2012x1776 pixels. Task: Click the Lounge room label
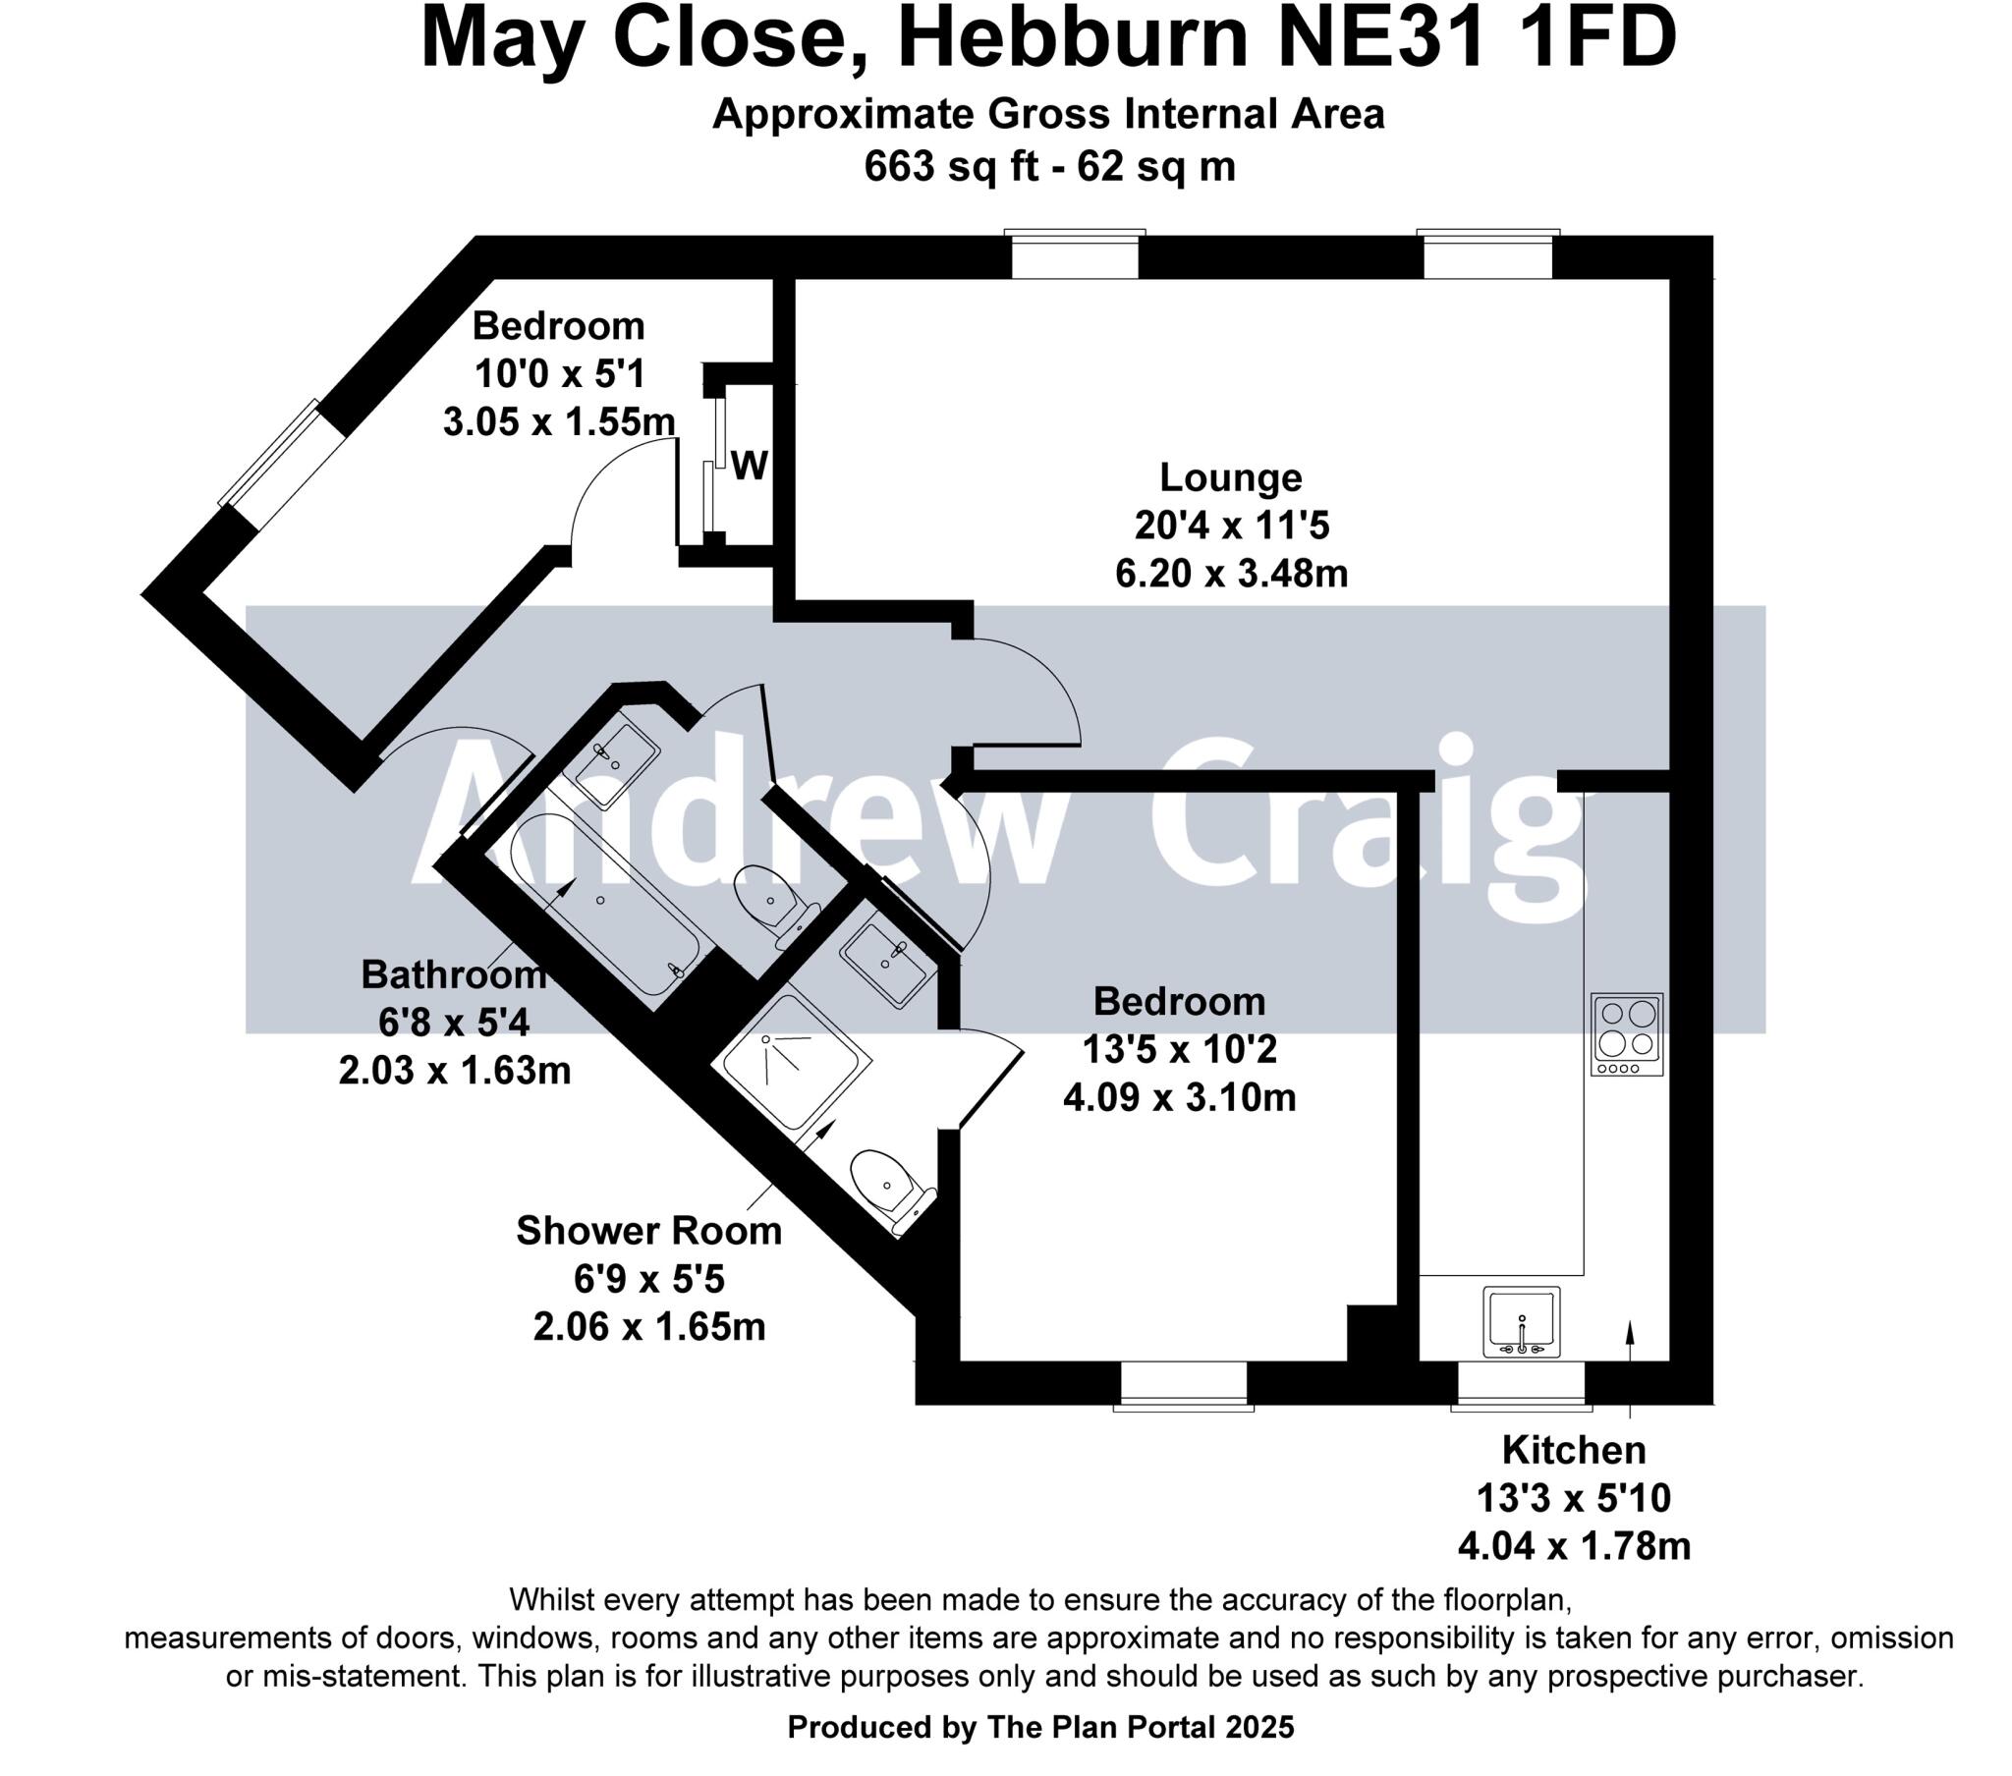click(1230, 477)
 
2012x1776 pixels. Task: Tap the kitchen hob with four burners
click(1627, 1032)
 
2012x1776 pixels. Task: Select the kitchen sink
click(1522, 1321)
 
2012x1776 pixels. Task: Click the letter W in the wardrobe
click(749, 466)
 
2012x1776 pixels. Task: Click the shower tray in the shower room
click(797, 1063)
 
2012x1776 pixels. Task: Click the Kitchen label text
click(1573, 1450)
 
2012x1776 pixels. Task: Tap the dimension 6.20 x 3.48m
click(1230, 573)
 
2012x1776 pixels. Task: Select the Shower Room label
click(648, 1231)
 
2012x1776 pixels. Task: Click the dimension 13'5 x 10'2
click(1179, 1049)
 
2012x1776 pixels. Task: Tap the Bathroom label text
click(454, 974)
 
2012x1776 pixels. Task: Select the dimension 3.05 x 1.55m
click(559, 422)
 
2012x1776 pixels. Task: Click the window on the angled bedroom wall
click(283, 463)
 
